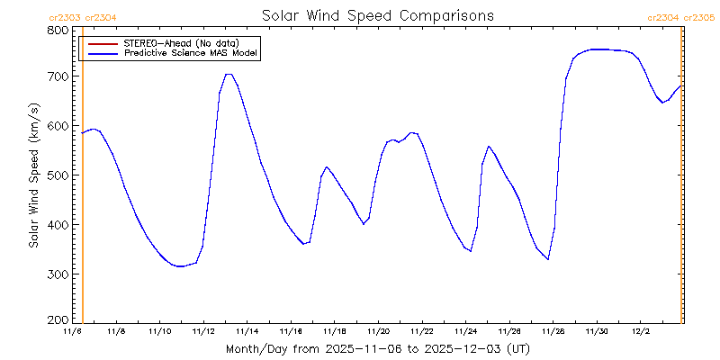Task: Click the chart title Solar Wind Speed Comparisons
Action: tap(377, 16)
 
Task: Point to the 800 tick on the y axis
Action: tap(58, 30)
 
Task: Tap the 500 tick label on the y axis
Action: tap(58, 175)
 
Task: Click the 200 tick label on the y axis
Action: tap(58, 319)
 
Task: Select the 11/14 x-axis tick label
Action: tap(247, 332)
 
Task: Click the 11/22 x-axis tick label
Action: tap(421, 332)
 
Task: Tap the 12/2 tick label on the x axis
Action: tap(640, 332)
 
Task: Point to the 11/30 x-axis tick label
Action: tap(597, 332)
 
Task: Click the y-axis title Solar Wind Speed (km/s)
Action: tap(34, 175)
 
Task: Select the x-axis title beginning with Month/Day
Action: tap(377, 348)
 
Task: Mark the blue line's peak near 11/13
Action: tap(229, 74)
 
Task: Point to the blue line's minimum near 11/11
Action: tap(181, 266)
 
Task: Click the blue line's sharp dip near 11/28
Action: tap(547, 259)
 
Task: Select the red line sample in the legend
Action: tap(100, 43)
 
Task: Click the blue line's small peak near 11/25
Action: tap(489, 146)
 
